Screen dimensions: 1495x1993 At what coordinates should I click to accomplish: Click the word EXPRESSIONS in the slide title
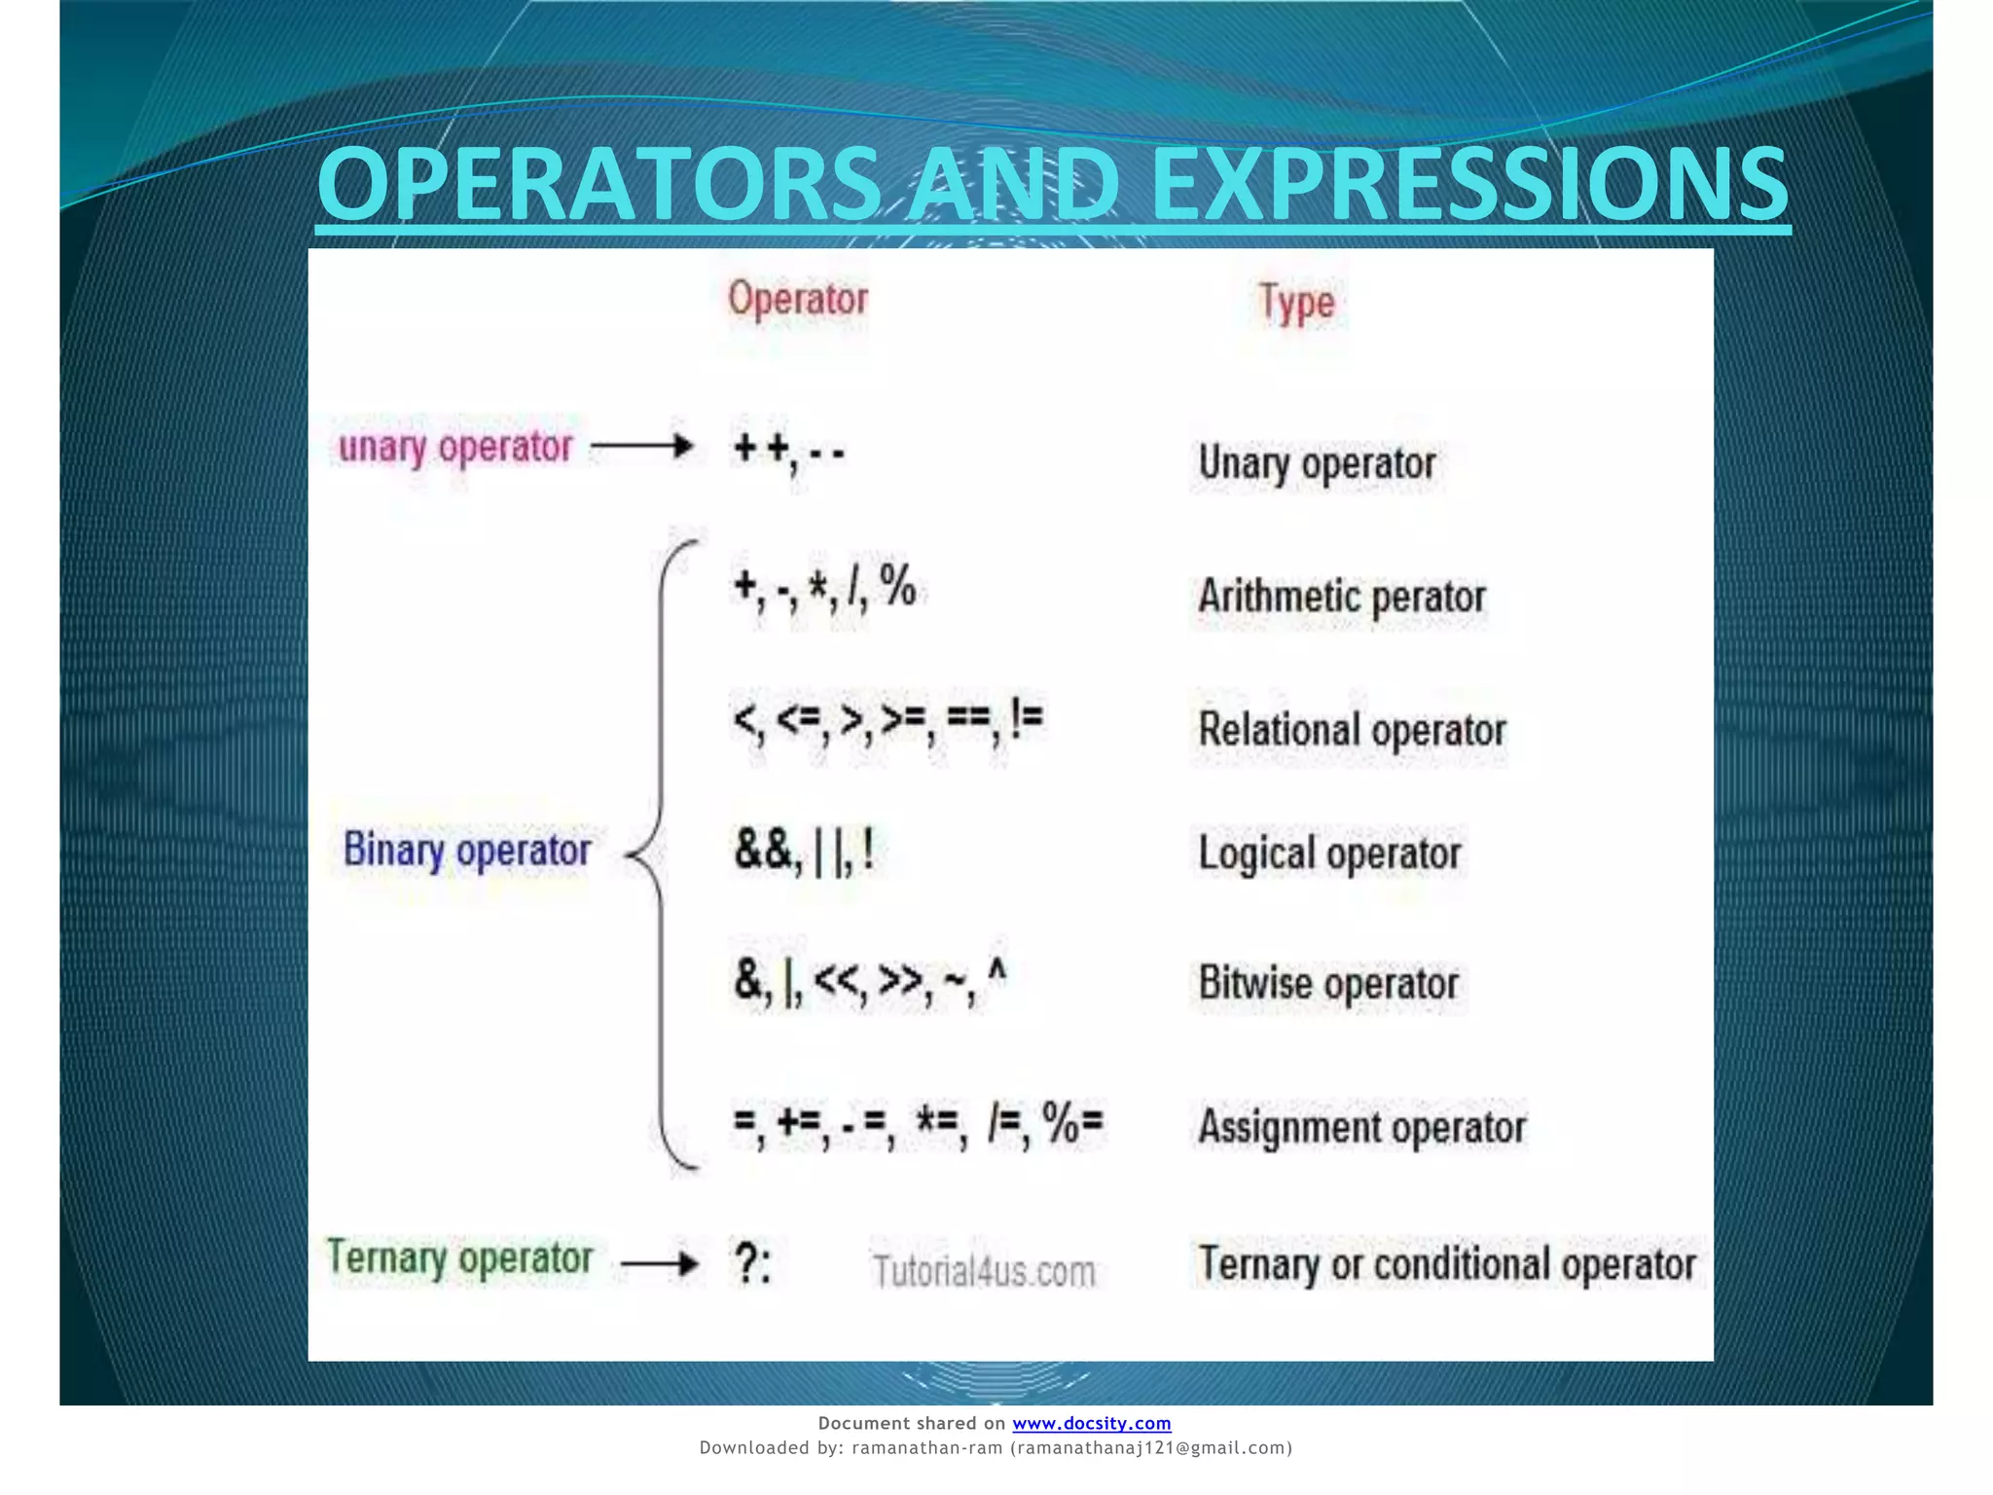point(1469,185)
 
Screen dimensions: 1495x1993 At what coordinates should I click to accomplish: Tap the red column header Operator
point(798,299)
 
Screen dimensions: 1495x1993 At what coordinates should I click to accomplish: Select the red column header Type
point(1296,304)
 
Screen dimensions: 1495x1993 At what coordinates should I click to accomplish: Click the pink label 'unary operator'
point(454,448)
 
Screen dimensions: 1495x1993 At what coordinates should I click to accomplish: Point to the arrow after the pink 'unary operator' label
point(642,447)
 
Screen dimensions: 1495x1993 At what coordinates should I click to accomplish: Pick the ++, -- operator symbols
point(789,451)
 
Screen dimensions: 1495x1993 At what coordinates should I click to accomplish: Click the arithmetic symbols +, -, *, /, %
point(824,588)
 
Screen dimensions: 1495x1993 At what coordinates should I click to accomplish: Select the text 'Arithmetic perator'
point(1342,597)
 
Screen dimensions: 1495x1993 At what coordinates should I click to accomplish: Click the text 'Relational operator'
point(1352,730)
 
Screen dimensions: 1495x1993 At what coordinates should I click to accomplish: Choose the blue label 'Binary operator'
point(467,851)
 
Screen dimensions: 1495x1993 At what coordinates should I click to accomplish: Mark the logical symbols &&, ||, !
point(804,851)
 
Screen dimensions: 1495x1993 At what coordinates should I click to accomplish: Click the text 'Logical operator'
point(1329,854)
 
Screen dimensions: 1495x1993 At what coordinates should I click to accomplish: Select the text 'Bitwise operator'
point(1328,983)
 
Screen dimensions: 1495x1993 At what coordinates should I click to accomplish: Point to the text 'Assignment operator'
point(1361,1127)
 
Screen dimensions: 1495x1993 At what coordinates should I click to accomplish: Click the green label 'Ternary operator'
point(459,1258)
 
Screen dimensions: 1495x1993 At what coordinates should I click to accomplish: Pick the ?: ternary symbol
point(752,1264)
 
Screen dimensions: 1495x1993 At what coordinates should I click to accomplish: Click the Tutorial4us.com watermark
point(984,1271)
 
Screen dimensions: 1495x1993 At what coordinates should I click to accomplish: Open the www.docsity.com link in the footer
point(1091,1423)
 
